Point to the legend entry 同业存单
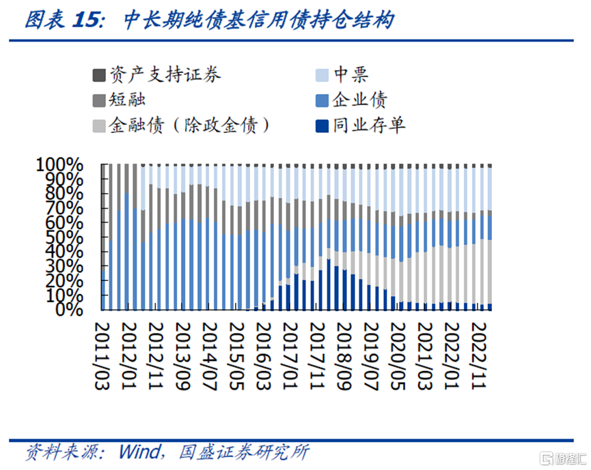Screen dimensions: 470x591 (x=370, y=126)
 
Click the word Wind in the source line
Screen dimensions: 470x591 (x=139, y=452)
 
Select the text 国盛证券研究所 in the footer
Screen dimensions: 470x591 (x=243, y=452)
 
